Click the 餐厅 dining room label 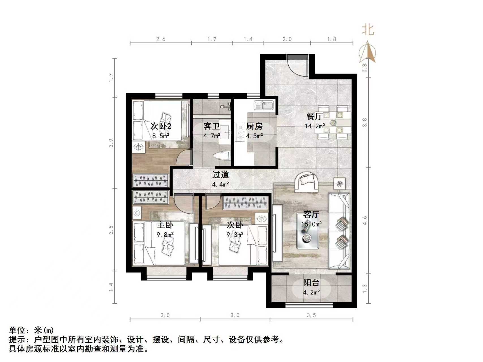[x=314, y=116]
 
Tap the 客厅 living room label [x=311, y=214]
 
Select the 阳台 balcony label [x=311, y=283]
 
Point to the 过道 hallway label [x=220, y=175]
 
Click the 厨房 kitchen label [x=254, y=126]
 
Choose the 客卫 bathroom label [x=212, y=126]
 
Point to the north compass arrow [x=368, y=52]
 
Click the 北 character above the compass [x=368, y=30]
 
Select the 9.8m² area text [x=165, y=234]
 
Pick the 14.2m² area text [x=314, y=126]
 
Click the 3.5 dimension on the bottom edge [x=311, y=315]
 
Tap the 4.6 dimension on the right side [x=365, y=220]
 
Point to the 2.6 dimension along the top [x=161, y=39]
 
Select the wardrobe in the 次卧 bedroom [x=245, y=202]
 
